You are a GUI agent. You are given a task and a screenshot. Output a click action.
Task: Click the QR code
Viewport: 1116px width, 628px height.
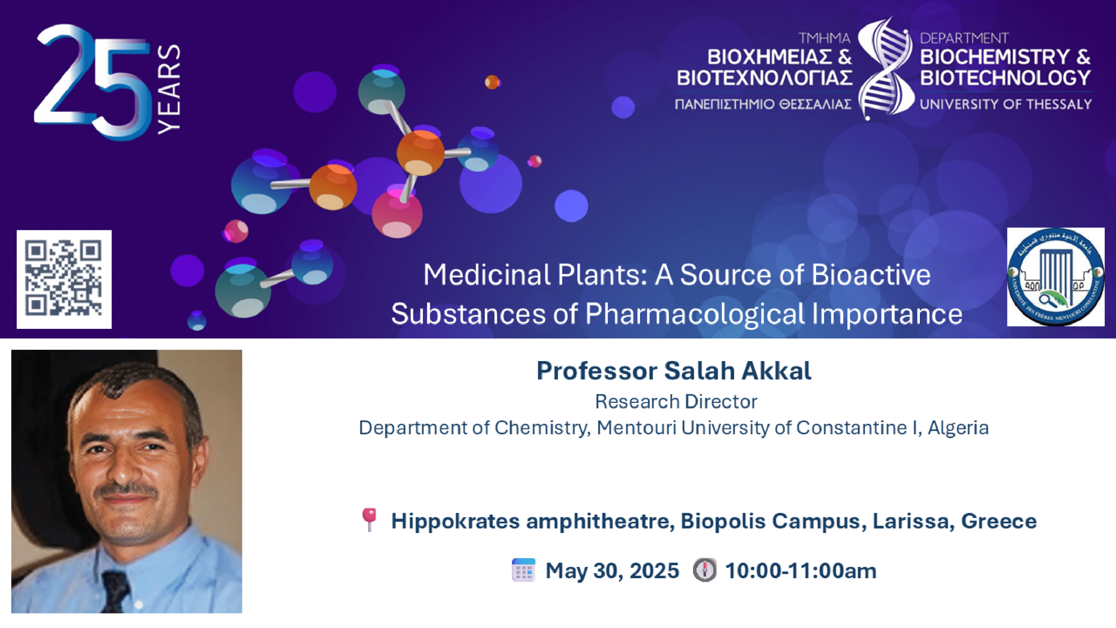64,279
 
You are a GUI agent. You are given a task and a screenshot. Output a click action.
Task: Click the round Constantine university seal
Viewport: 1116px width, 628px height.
1055,277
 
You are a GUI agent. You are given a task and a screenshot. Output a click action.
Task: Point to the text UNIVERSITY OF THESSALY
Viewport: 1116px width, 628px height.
1006,104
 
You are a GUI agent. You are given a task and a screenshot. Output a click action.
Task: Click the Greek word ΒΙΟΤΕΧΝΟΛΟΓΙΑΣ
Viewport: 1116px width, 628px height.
765,78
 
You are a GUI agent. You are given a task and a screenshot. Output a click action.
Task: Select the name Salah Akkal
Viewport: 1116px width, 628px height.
737,371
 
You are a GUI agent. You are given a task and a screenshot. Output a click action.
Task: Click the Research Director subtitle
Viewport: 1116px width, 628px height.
676,402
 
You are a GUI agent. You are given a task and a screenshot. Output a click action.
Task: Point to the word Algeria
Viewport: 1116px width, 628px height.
958,428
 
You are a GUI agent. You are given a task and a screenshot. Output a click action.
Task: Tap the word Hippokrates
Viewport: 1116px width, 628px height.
455,521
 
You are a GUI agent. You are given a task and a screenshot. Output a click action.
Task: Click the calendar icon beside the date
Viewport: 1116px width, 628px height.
523,570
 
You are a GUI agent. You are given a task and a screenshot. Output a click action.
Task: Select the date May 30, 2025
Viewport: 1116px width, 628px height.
612,570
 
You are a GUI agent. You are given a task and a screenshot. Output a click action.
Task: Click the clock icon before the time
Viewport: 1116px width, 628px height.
704,570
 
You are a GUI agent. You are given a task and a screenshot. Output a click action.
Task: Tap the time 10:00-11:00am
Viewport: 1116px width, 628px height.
800,570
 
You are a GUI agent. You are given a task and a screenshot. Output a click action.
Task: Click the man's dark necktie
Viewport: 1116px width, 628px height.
117,591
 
